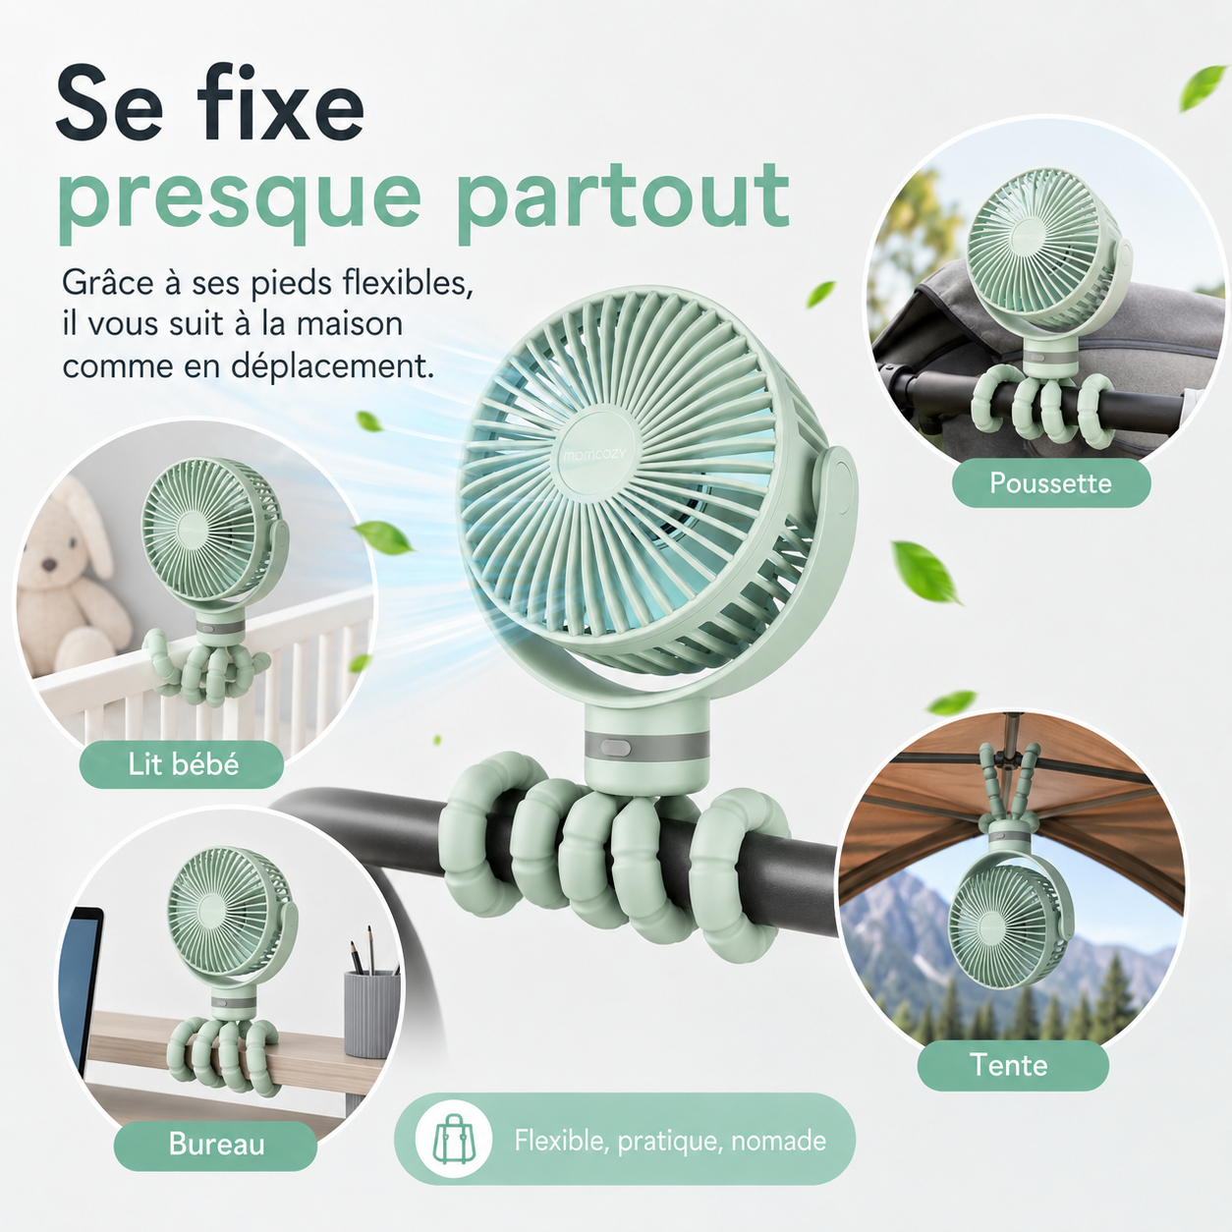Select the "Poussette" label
click(x=1050, y=483)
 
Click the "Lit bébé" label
click(x=183, y=764)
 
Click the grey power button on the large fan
click(x=616, y=747)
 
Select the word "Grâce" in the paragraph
click(x=109, y=283)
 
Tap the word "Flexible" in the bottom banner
click(x=560, y=1141)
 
